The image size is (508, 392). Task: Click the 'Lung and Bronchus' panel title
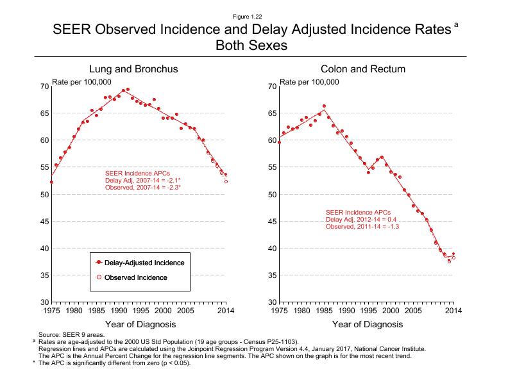tap(133, 69)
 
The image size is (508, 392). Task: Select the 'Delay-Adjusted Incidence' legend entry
tap(140, 263)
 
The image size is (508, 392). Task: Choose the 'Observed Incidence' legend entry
tap(136, 277)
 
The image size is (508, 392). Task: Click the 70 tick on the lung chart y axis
tap(44, 86)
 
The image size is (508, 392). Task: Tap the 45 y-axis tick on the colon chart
tap(273, 222)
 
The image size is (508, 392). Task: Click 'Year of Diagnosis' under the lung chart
tap(138, 324)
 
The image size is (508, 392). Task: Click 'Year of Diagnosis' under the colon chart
tap(366, 324)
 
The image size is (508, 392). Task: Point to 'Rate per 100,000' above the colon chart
tap(310, 82)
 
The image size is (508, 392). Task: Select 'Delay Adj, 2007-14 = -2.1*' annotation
tap(142, 180)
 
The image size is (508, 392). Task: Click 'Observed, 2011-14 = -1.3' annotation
tap(362, 227)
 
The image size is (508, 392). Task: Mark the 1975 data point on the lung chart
tap(51, 182)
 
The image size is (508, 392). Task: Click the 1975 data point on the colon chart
tap(280, 142)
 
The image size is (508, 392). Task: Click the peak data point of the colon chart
tap(324, 106)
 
